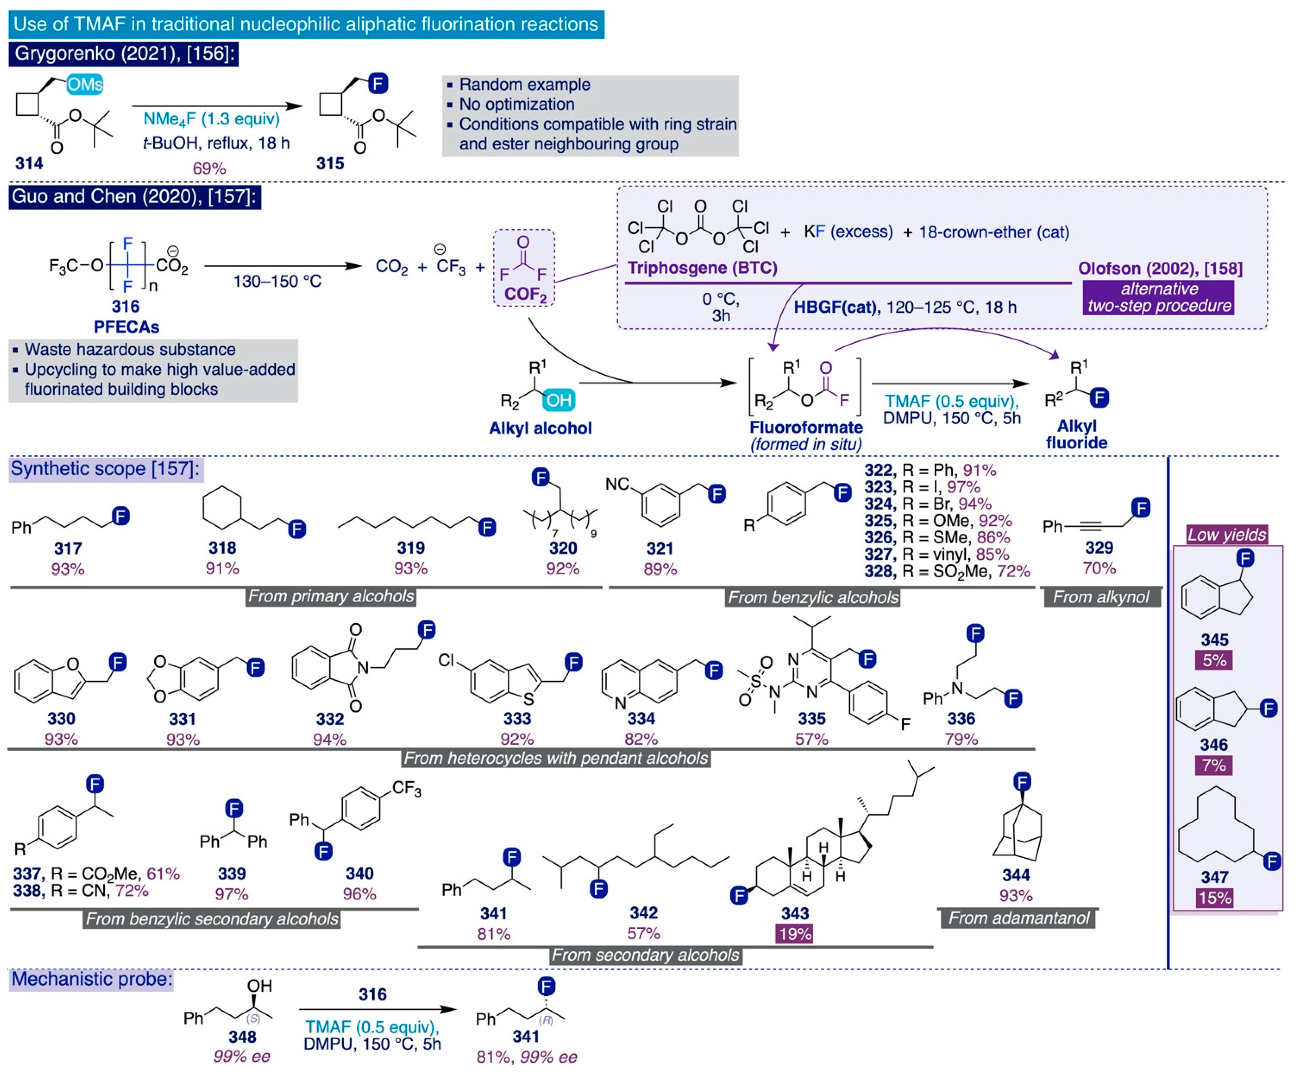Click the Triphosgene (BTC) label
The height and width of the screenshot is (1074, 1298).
pyautogui.click(x=702, y=268)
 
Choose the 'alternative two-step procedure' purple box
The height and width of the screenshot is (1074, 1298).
pyautogui.click(x=1158, y=297)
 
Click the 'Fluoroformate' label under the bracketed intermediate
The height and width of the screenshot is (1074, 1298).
pyautogui.click(x=806, y=427)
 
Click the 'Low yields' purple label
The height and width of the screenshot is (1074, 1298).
pyautogui.click(x=1226, y=535)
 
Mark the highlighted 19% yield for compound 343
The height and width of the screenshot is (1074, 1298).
pyautogui.click(x=795, y=934)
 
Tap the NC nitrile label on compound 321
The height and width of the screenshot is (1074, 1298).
pyautogui.click(x=617, y=484)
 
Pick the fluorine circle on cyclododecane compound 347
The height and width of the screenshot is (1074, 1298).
pyautogui.click(x=1271, y=861)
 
